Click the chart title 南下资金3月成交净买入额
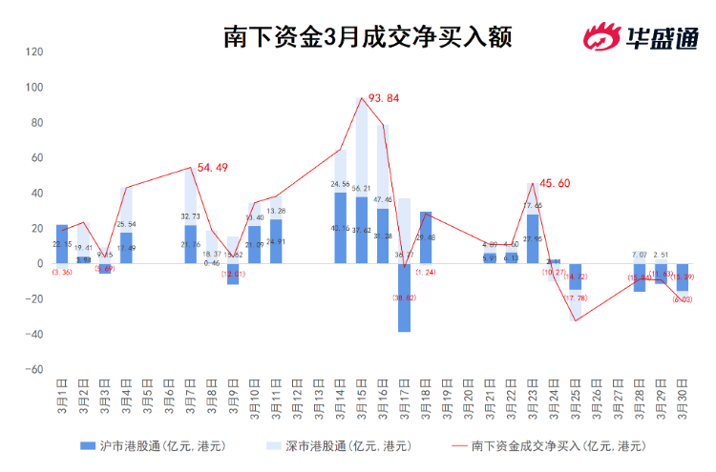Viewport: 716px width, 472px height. click(x=368, y=37)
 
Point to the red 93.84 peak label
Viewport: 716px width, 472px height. click(x=384, y=98)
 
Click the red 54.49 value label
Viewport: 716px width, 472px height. click(x=212, y=168)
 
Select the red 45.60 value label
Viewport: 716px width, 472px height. click(x=555, y=183)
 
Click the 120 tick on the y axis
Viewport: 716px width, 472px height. click(x=34, y=51)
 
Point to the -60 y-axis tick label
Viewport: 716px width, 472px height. click(x=34, y=369)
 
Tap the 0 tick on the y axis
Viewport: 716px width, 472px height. click(x=40, y=263)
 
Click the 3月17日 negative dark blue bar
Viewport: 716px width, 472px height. click(x=405, y=298)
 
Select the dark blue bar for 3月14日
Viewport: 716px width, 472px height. click(x=341, y=228)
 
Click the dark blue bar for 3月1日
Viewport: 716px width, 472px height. click(x=62, y=244)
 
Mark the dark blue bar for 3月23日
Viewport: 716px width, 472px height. click(x=533, y=239)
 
